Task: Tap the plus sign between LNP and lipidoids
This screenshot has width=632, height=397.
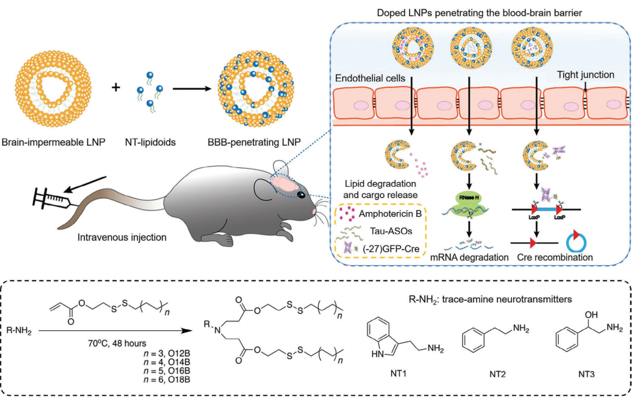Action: tap(116, 87)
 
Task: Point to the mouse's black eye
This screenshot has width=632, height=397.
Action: tap(300, 194)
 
